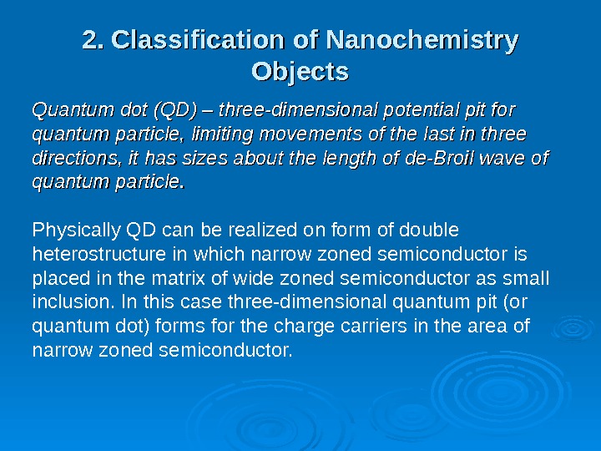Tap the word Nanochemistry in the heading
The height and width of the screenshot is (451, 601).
pos(422,39)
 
